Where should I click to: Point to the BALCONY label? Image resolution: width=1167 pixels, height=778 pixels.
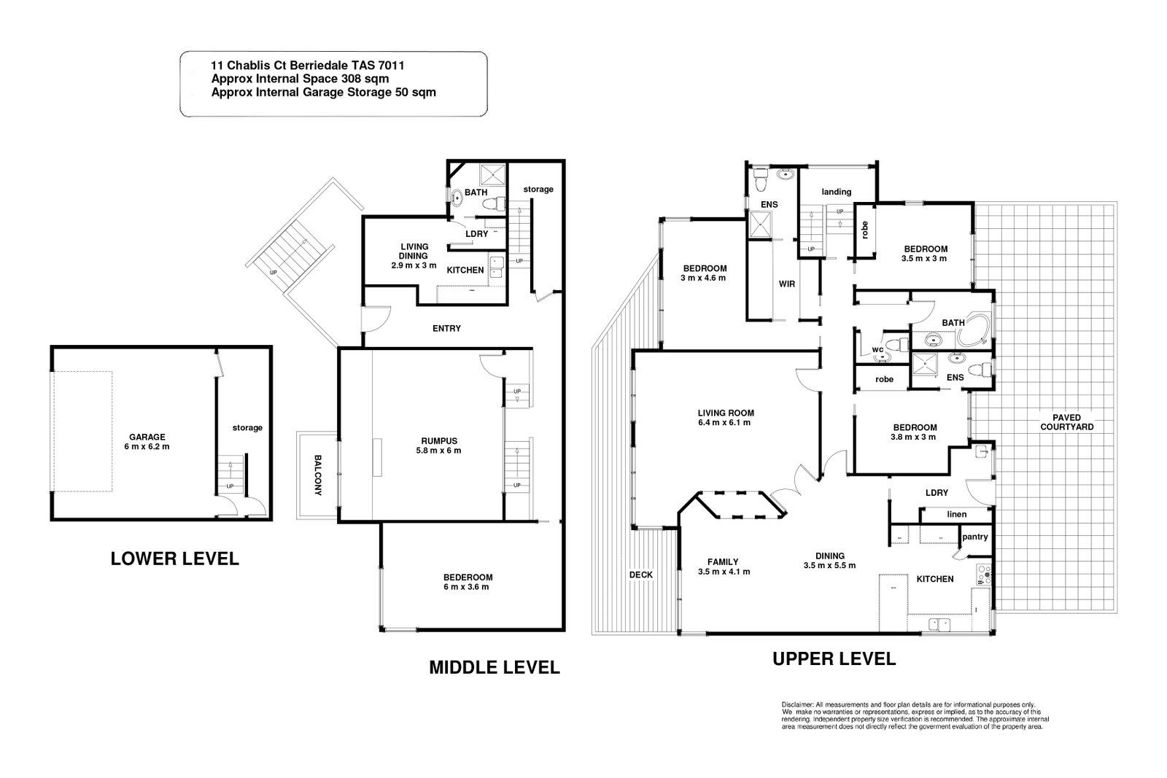tap(318, 475)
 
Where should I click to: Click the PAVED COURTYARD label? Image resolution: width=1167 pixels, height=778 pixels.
tap(1066, 421)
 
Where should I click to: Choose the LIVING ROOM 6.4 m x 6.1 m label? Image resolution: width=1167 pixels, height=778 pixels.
tap(726, 418)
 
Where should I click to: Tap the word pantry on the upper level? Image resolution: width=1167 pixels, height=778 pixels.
tap(974, 537)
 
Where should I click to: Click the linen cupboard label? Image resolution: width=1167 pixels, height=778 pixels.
tap(956, 514)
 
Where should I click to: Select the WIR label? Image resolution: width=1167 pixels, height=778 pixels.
tap(787, 284)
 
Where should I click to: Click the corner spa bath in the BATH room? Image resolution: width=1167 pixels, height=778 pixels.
tap(974, 330)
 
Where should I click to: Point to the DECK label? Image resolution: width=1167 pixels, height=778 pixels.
tap(641, 575)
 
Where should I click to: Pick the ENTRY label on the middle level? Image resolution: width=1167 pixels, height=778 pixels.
tap(446, 328)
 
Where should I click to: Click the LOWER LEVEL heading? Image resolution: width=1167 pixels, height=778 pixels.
tap(174, 559)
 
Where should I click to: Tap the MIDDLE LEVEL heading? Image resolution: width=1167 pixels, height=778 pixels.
tap(495, 667)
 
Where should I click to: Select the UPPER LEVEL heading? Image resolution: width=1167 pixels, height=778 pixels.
tap(834, 658)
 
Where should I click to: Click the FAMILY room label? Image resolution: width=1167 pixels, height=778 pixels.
tap(723, 562)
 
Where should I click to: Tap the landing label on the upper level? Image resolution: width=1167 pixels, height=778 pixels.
tap(836, 192)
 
